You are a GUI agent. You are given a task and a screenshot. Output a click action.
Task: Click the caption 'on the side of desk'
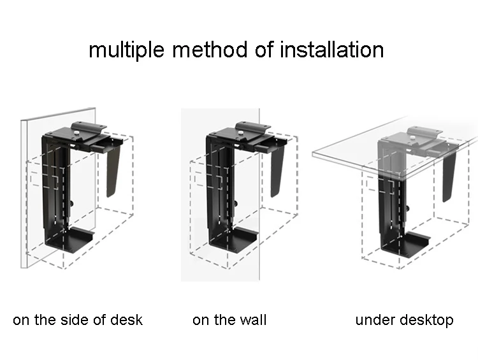78,319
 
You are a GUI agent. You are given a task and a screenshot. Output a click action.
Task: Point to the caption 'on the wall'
229,319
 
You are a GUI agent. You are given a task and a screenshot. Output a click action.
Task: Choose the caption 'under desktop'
404,319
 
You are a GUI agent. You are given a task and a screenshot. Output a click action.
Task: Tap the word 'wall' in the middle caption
252,319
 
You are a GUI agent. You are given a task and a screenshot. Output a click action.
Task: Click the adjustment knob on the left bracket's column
71,204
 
